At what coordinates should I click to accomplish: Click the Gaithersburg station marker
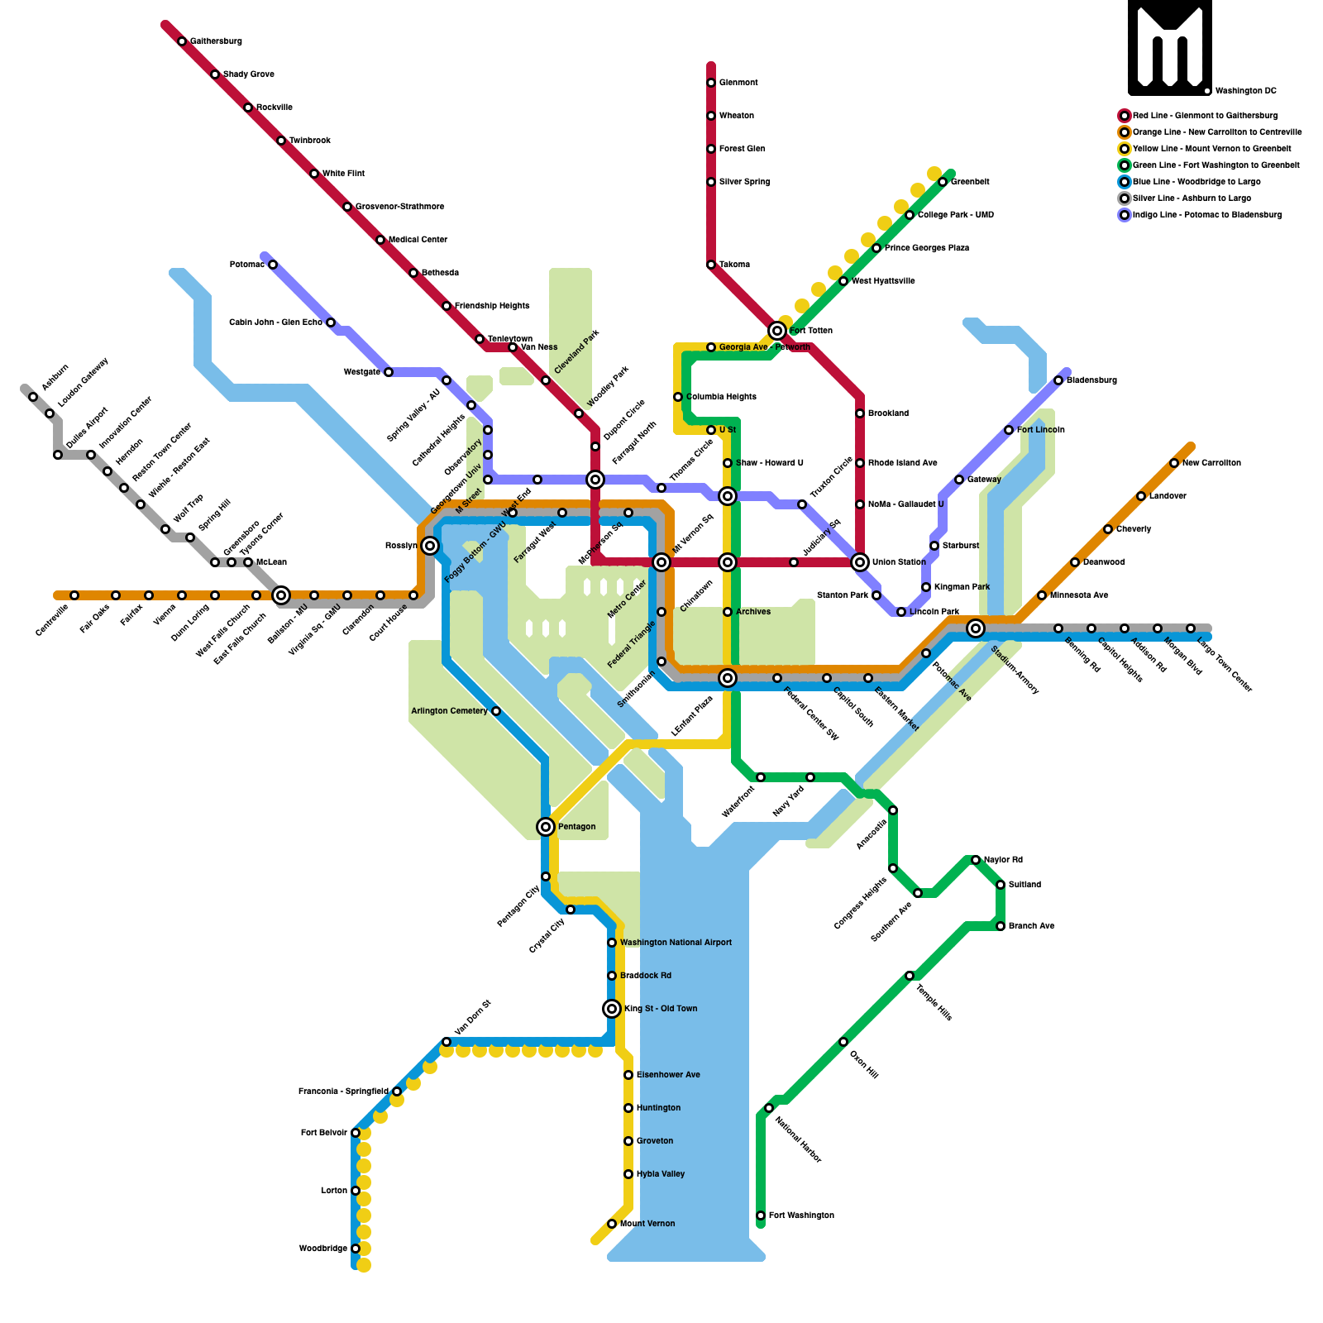click(182, 41)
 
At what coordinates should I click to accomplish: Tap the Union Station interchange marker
click(860, 562)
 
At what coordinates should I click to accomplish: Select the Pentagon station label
click(576, 827)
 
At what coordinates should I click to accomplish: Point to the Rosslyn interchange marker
click(430, 546)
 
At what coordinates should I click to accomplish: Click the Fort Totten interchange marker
click(777, 331)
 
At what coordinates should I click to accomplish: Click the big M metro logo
click(1169, 47)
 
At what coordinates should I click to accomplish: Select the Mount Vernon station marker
click(612, 1224)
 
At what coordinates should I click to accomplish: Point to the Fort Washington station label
click(800, 1216)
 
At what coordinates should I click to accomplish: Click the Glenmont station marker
click(711, 83)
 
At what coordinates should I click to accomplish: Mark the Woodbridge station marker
click(356, 1249)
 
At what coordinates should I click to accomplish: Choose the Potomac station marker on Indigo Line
click(273, 265)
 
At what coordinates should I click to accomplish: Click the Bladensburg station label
click(1091, 380)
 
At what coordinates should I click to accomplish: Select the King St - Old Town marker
click(612, 1009)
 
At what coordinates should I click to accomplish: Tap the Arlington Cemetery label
click(449, 711)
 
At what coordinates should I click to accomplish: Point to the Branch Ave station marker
click(1001, 926)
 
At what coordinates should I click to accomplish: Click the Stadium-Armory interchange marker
click(976, 628)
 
